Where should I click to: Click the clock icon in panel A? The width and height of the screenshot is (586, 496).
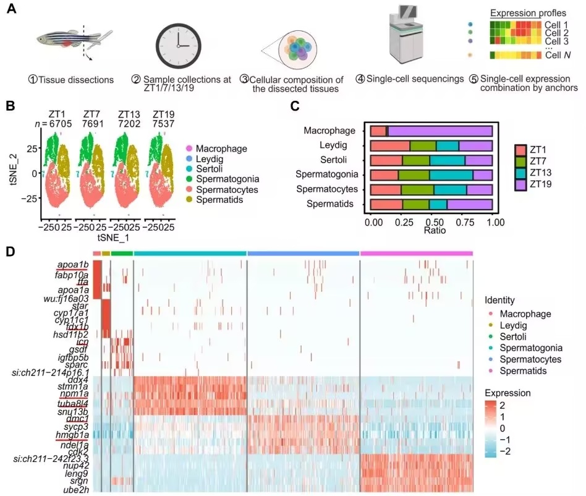(178, 46)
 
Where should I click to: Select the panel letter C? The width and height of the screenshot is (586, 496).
(295, 106)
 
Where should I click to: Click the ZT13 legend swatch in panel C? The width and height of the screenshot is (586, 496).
(520, 173)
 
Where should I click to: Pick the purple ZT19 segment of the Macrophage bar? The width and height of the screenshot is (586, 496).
(440, 131)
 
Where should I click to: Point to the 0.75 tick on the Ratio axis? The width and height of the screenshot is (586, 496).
(465, 223)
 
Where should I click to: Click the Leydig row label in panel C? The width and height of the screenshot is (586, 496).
(333, 145)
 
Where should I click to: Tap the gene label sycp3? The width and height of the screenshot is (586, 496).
(76, 427)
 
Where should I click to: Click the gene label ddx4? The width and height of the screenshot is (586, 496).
(78, 380)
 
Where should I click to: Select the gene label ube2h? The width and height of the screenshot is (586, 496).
(76, 489)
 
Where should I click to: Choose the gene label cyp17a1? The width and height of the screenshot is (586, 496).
(71, 312)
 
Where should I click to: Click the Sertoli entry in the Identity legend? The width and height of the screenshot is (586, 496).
(513, 337)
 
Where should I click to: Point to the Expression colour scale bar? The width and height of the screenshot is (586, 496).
(491, 429)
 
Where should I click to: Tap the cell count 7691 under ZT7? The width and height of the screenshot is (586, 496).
(93, 123)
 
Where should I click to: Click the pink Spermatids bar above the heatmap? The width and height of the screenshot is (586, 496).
(417, 254)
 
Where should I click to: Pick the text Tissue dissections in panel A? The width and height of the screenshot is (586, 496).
(76, 80)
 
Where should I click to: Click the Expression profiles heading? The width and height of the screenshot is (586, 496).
(528, 13)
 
